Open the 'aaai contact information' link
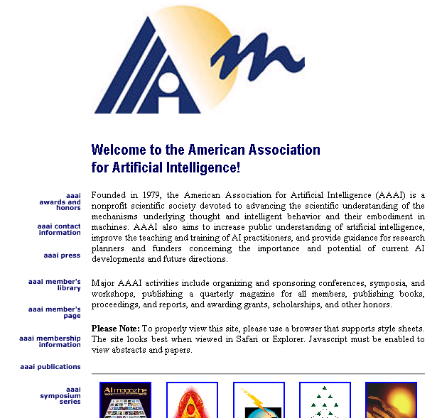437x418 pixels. click(x=60, y=229)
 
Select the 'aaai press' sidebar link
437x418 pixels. click(x=63, y=255)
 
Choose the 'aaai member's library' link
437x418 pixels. click(x=55, y=285)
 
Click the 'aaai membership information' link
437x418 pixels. click(x=50, y=341)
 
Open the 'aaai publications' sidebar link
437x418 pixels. click(x=50, y=367)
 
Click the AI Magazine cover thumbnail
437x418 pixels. click(x=125, y=401)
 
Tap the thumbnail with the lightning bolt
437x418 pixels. click(x=259, y=401)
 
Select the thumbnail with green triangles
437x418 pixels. click(x=325, y=401)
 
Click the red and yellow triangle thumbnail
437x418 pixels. click(x=192, y=401)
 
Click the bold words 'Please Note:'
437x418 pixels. click(x=116, y=329)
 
